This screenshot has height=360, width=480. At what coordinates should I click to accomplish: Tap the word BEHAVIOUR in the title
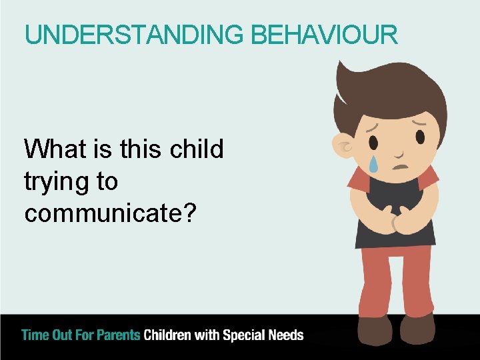pos(325,35)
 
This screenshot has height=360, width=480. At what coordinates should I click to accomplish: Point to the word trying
pos(55,182)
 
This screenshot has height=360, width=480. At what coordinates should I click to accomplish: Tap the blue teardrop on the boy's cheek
pos(374,165)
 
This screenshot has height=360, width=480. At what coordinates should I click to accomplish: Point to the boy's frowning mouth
pos(399,167)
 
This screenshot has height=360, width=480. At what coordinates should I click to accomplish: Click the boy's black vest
pos(393,193)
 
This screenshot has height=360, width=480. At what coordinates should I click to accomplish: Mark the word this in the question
pos(137,149)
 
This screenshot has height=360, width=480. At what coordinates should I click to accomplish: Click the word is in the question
pos(103,149)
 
